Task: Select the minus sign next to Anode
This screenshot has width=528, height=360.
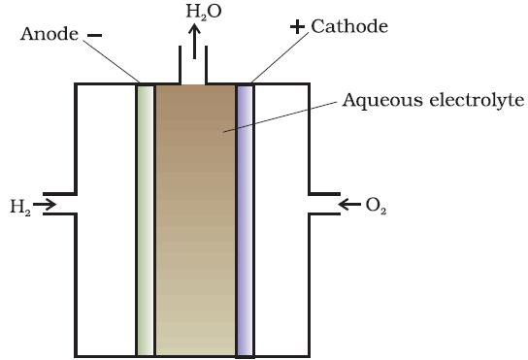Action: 94,35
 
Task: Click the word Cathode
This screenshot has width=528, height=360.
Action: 349,26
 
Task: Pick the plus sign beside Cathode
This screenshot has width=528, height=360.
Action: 297,27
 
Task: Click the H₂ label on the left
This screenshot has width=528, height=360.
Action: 20,206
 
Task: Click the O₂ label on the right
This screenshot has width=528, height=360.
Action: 375,206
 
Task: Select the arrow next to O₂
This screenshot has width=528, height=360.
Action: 349,204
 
